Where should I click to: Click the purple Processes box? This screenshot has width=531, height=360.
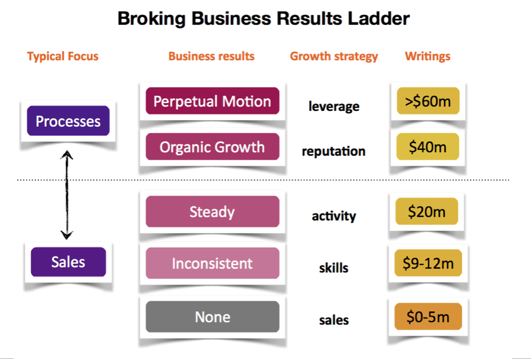coord(68,121)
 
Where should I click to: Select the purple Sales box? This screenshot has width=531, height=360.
coord(68,262)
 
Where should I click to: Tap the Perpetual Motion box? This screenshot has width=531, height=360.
coord(212,101)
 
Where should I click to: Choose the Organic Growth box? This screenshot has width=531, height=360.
coord(212,147)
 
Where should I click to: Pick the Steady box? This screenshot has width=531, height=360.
coord(212,211)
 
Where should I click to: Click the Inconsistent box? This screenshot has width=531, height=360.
coord(212,263)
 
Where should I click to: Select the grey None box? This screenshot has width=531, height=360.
coord(212,317)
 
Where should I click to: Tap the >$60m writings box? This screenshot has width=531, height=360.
coord(428,101)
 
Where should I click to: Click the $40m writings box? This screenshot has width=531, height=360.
coord(428,147)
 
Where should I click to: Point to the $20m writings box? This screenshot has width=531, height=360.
coord(427,211)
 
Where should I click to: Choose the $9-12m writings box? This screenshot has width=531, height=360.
coord(428,263)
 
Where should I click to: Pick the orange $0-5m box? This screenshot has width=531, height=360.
coord(428,316)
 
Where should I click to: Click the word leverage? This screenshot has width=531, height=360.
coord(334,107)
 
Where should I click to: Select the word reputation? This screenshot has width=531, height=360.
coord(333,152)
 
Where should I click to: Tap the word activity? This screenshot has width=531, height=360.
coord(334,216)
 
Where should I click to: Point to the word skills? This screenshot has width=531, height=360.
coord(333,268)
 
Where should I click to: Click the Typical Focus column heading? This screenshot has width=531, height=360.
coord(63,56)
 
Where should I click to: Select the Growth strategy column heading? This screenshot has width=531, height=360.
coord(334,56)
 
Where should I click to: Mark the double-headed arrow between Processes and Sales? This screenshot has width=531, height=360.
coord(67,195)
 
